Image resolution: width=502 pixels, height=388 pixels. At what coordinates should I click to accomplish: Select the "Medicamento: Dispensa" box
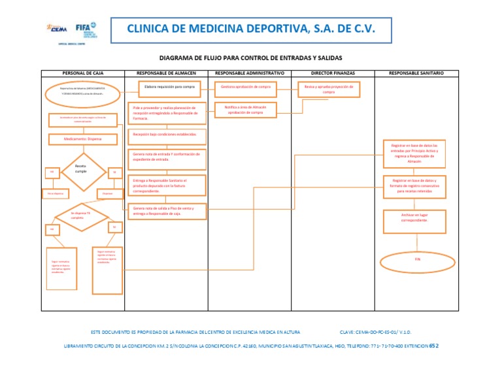click(x=82, y=138)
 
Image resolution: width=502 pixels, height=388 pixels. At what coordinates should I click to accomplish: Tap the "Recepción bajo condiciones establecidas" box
click(x=168, y=135)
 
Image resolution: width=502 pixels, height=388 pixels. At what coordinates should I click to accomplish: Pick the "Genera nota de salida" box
click(x=168, y=210)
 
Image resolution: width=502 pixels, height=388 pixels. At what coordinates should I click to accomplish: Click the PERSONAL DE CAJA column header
click(x=82, y=73)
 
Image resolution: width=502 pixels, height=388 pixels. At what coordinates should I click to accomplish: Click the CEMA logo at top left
click(x=59, y=29)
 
